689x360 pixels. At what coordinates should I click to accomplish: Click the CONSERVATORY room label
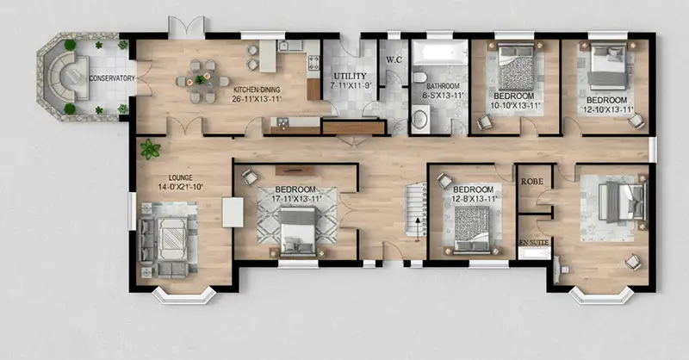coord(112,78)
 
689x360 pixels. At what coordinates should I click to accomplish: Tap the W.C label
coord(394,59)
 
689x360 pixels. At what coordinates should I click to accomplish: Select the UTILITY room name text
coord(350,76)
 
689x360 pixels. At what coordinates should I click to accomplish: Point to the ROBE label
coord(532,181)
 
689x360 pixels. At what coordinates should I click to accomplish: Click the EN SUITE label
coord(534,243)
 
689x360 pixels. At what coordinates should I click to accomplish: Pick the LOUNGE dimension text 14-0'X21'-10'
coord(180,187)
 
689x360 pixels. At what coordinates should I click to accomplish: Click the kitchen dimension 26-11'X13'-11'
coord(257,99)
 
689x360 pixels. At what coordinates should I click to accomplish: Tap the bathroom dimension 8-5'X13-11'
coord(443,95)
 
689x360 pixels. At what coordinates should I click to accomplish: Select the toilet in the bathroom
coord(419,78)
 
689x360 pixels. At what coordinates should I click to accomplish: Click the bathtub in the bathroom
coord(439,53)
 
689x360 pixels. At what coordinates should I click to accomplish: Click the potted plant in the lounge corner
coord(150,149)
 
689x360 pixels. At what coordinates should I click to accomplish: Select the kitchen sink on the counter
coord(290,46)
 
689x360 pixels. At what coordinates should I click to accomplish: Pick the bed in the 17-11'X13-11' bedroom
coord(298,231)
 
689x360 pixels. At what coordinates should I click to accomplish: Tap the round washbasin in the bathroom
coord(421,119)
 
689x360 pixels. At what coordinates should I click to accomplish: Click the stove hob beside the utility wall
coord(313,63)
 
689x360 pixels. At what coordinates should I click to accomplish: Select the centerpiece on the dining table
coord(200,80)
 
